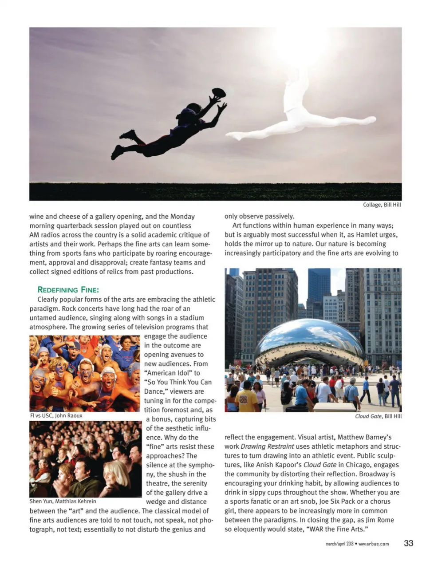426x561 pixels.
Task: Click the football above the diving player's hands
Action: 219,93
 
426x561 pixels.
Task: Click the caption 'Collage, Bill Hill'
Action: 382,205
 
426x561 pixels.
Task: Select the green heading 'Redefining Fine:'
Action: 68,290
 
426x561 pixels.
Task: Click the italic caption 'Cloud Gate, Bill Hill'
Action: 378,416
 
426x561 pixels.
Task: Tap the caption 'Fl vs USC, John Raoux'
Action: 56,416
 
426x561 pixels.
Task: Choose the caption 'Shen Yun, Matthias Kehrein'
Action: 63,502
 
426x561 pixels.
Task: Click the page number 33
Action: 409,543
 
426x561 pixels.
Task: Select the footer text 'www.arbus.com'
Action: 374,544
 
